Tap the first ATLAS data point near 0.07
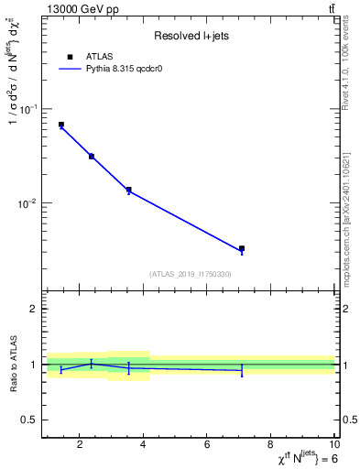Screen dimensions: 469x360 coord(61,125)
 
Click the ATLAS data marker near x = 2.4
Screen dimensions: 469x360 coord(92,157)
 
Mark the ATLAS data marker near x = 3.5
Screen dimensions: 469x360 coord(128,190)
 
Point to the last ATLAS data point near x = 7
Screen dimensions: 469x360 coord(242,248)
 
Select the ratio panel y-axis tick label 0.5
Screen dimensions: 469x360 coord(28,420)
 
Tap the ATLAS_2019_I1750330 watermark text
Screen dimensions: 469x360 coord(190,274)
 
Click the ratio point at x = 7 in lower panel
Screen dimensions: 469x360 coord(242,370)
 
